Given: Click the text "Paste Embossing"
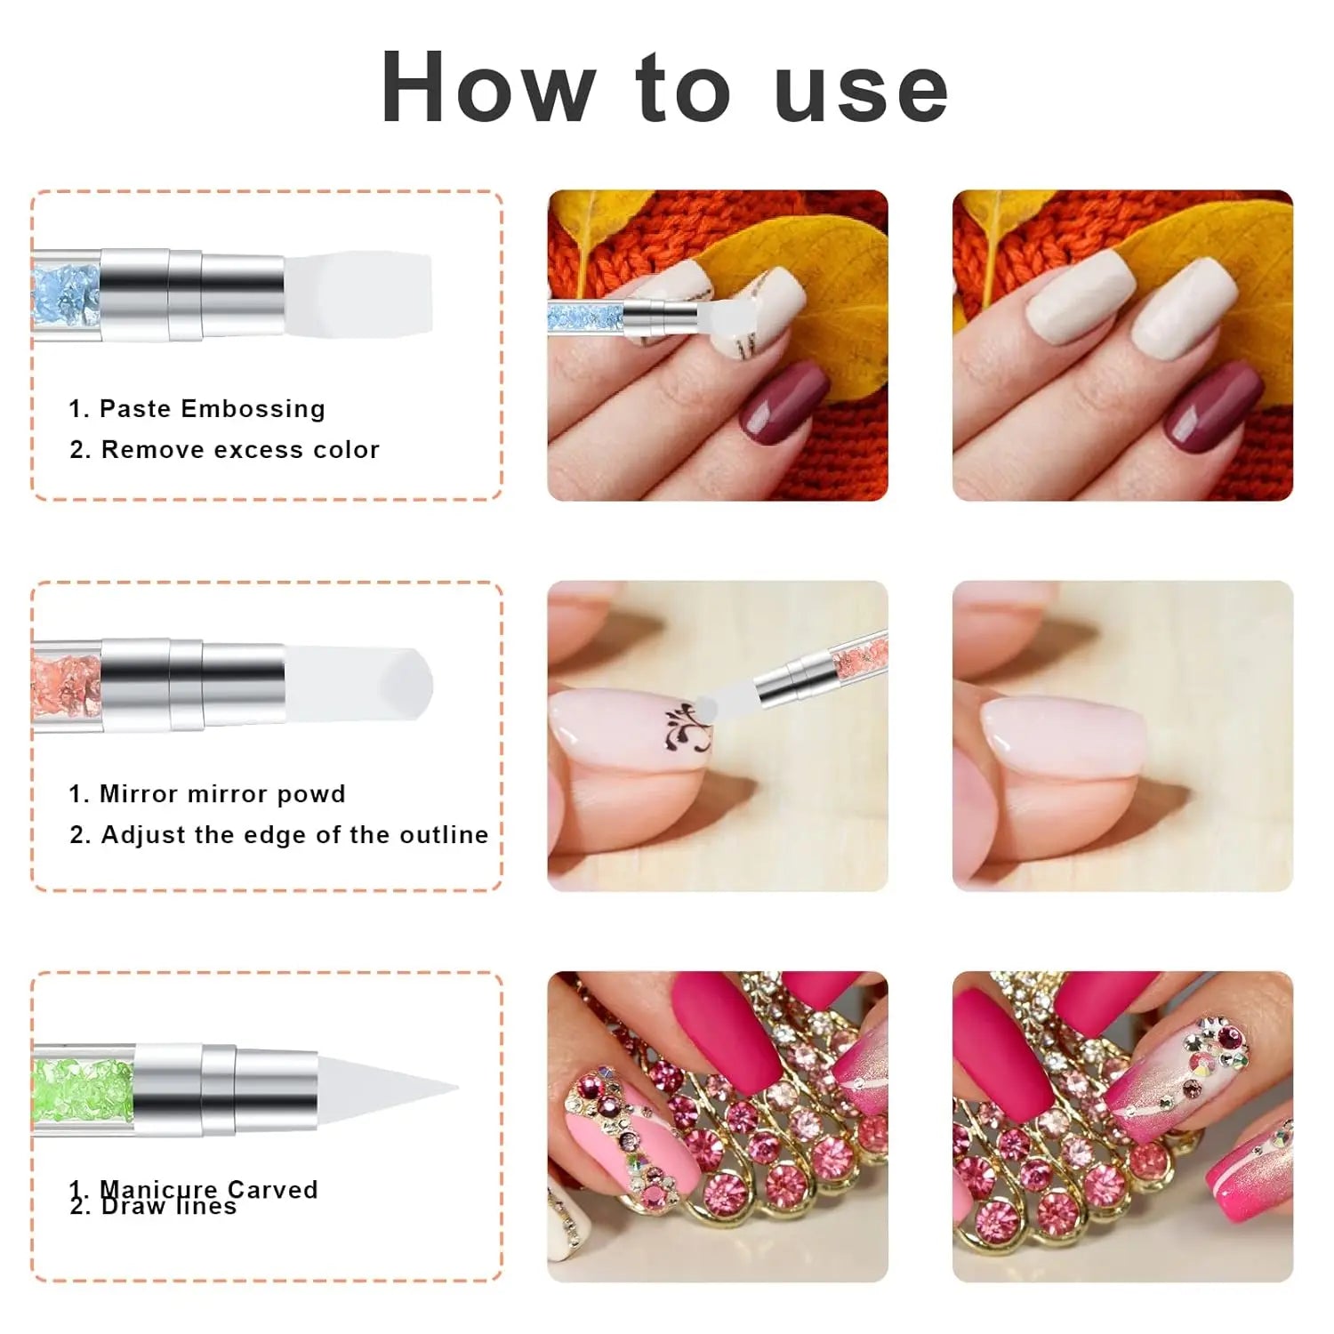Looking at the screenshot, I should pyautogui.click(x=212, y=408).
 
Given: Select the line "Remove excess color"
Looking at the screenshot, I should pyautogui.click(x=240, y=449).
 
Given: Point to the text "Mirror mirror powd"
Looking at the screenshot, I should pyautogui.click(x=221, y=793).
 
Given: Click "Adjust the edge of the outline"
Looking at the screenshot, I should pyautogui.click(x=294, y=834).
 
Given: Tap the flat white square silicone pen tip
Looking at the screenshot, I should pyautogui.click(x=359, y=293).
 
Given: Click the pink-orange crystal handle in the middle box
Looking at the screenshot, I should pyautogui.click(x=67, y=686).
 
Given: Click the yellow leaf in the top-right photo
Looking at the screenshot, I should pyautogui.click(x=1192, y=267).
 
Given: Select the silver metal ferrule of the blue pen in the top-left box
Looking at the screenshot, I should pyautogui.click(x=191, y=293).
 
